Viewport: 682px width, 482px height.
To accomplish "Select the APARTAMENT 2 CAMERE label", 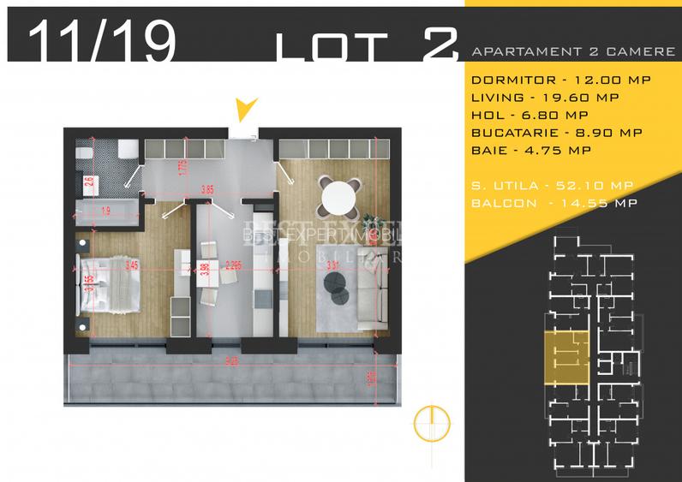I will pyautogui.click(x=573, y=51).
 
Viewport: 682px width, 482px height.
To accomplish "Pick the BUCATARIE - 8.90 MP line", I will pyautogui.click(x=557, y=133).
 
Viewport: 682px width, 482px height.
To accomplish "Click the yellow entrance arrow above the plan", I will pyautogui.click(x=247, y=108).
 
